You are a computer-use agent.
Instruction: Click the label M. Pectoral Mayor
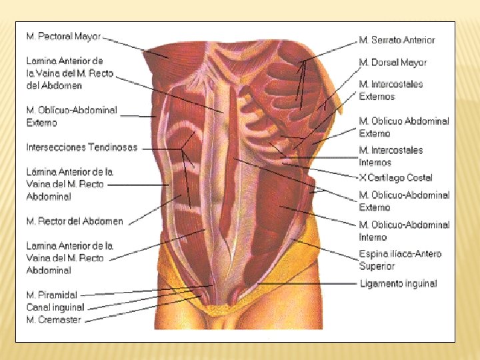(63, 36)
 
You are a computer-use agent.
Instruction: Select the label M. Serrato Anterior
(397, 40)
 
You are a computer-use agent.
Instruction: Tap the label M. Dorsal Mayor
(393, 63)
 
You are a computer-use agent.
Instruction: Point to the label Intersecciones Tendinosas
(82, 147)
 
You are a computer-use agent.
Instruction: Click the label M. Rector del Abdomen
(75, 221)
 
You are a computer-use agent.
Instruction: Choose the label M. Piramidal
(52, 295)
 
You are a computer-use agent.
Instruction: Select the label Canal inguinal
(55, 307)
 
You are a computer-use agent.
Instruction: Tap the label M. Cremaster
(54, 319)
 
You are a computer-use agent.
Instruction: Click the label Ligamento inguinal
(398, 283)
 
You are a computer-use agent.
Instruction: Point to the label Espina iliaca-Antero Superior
(400, 260)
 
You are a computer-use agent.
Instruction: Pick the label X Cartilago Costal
(395, 178)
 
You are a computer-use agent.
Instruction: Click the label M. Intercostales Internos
(391, 156)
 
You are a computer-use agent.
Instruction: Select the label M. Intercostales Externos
(391, 90)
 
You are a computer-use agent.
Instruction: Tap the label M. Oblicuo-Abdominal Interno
(404, 231)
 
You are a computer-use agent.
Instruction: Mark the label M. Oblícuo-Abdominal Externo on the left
(71, 116)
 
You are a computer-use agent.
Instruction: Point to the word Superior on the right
(377, 267)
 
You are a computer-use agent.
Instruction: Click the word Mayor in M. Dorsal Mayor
(413, 63)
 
